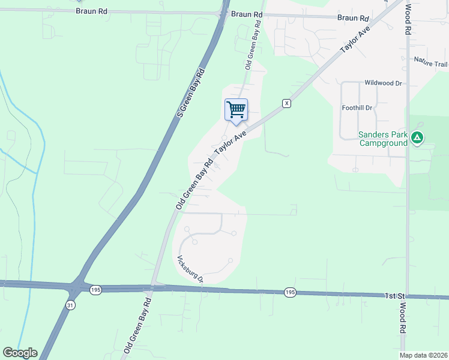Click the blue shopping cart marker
pyautogui.click(x=237, y=110)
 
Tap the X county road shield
pyautogui.click(x=287, y=103)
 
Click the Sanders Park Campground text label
pyautogui.click(x=383, y=139)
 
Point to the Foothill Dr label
pyautogui.click(x=357, y=108)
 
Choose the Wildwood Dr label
pyautogui.click(x=383, y=83)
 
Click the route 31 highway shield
pyautogui.click(x=71, y=305)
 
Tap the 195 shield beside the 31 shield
pyautogui.click(x=95, y=290)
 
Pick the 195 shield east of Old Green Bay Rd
pyautogui.click(x=290, y=292)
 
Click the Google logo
pyautogui.click(x=20, y=353)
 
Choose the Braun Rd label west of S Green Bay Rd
pyautogui.click(x=92, y=11)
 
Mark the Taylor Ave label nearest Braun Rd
pyautogui.click(x=355, y=41)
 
